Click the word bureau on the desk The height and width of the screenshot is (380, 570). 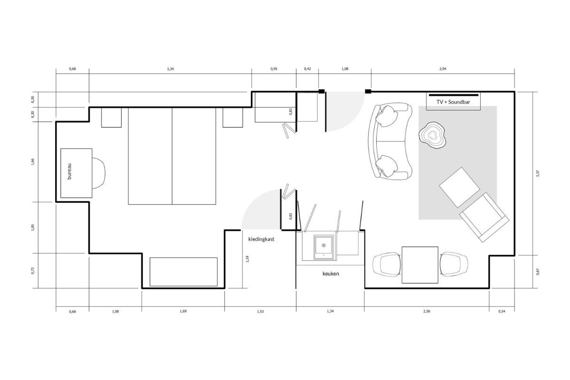pos(69,171)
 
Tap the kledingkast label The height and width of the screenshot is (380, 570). pos(261,239)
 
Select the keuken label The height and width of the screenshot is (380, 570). pos(331,274)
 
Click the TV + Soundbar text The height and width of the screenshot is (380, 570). pos(454,102)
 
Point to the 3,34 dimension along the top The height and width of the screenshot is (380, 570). pos(170,69)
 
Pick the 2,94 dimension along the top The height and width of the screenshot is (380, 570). pos(443,69)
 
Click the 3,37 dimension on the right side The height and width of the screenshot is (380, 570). pos(538,173)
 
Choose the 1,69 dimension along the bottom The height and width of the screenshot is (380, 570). pos(183,311)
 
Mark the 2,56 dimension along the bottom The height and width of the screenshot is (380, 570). pos(427,311)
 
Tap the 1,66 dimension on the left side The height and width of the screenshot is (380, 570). pos(33,162)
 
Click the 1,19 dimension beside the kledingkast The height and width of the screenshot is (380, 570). pos(247,259)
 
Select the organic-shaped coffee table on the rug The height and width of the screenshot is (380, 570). pos(432,135)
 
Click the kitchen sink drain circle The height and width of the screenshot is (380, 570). pos(323,246)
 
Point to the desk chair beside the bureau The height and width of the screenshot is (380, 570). pos(99,173)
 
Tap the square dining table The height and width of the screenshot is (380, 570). pos(420,265)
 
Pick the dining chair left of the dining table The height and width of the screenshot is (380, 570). pos(387,265)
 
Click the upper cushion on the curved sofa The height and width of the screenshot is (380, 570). pos(387,116)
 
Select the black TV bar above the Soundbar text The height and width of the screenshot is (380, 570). pos(454,95)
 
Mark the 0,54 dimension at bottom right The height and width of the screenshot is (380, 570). pos(502,311)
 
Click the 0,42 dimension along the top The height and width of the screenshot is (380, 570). pos(307,69)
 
